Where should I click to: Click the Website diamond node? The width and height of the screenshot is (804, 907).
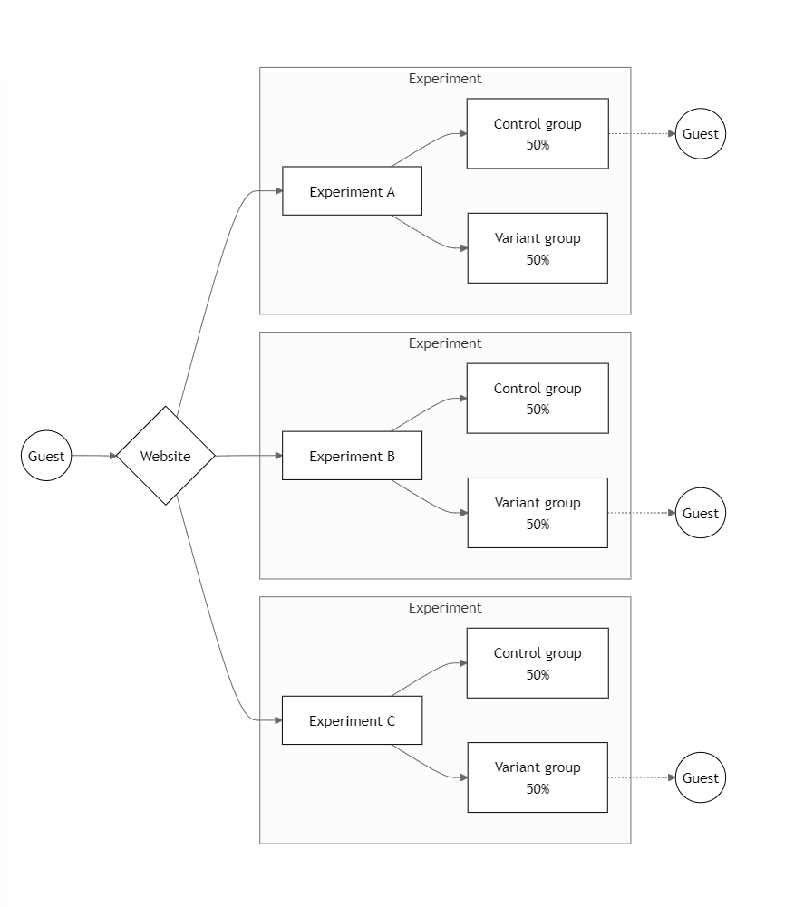(165, 456)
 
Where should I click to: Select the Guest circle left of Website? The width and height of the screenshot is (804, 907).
(46, 456)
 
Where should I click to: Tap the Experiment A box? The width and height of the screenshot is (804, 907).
(352, 191)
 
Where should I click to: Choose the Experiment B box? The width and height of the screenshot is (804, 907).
(352, 456)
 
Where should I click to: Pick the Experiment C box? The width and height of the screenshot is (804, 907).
(352, 720)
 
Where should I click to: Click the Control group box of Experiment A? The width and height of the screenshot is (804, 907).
(538, 133)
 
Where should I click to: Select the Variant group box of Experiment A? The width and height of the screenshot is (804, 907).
(538, 248)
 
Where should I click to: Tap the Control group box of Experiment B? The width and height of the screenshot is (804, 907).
(538, 398)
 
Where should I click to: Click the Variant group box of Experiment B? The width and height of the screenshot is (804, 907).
(538, 513)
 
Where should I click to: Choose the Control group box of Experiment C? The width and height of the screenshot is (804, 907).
(538, 662)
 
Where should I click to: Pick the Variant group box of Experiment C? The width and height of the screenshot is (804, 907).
(538, 777)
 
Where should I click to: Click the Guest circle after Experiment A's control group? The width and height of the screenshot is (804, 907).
(701, 133)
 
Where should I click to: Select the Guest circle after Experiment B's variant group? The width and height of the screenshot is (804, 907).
(701, 513)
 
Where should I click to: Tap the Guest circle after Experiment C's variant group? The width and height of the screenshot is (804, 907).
(701, 777)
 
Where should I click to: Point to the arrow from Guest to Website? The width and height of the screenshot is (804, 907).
(92, 456)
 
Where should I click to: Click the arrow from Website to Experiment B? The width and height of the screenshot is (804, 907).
(248, 456)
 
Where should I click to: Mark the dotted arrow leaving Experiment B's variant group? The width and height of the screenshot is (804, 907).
(641, 513)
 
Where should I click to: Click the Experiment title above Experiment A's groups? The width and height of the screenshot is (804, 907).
(445, 79)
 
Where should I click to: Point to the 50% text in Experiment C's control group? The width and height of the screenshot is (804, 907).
(538, 674)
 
